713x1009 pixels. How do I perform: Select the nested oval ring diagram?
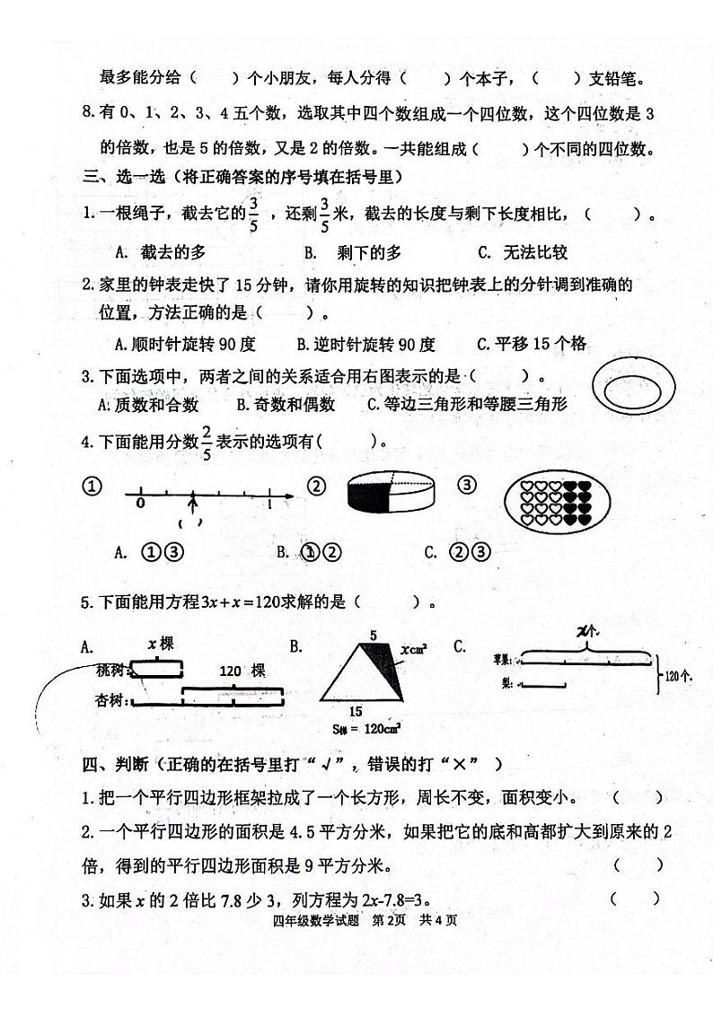[x=635, y=389]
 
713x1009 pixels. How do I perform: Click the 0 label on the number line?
[x=139, y=504]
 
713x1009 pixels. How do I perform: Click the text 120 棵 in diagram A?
[x=242, y=671]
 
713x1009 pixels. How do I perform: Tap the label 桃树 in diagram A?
[x=111, y=669]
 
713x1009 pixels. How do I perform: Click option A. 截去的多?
[x=161, y=253]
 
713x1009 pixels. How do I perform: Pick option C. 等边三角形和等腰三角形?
[x=467, y=404]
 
